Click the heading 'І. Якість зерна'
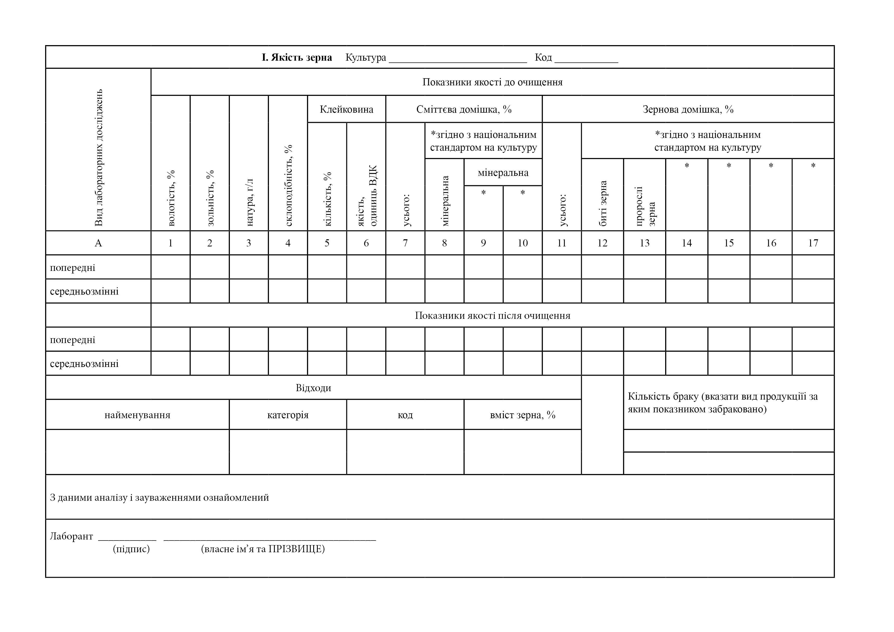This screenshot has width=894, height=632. coord(297,58)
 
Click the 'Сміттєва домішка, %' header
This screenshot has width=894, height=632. coord(464,109)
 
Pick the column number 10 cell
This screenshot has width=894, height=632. coord(522,243)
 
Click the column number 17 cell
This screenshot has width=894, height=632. coord(813,243)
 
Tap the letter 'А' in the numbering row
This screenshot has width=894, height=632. coord(98,243)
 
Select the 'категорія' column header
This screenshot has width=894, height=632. coord(288,415)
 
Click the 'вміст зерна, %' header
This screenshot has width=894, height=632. coord(522,415)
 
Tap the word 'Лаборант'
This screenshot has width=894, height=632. coord(71,537)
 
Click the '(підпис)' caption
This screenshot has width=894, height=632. coord(131,549)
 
